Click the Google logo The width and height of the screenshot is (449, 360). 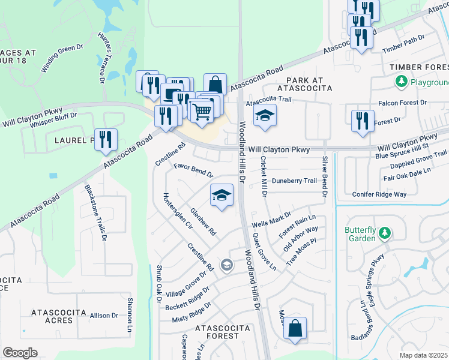click(20, 353)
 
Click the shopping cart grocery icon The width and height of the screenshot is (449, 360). click(201, 110)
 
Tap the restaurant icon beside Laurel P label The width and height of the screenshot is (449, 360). click(106, 139)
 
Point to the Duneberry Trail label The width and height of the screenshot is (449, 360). click(294, 180)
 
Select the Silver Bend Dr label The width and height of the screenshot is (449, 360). click(324, 176)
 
